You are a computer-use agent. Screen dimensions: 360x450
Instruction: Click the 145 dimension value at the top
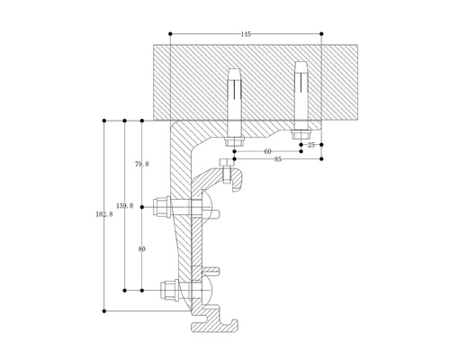246,33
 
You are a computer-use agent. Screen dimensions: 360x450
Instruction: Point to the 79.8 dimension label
140,164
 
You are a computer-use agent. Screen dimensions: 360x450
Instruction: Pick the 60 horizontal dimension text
268,151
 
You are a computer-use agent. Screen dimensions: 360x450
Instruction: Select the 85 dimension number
277,159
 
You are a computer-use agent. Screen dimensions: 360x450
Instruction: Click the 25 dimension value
311,143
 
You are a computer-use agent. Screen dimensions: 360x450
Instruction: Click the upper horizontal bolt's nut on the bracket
165,207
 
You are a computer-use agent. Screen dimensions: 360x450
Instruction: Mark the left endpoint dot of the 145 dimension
169,34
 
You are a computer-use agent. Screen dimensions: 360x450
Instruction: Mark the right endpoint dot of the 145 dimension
322,34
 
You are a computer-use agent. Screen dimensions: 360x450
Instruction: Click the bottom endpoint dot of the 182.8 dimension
105,310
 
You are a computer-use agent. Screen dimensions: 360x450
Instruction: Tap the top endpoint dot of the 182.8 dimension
105,119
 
